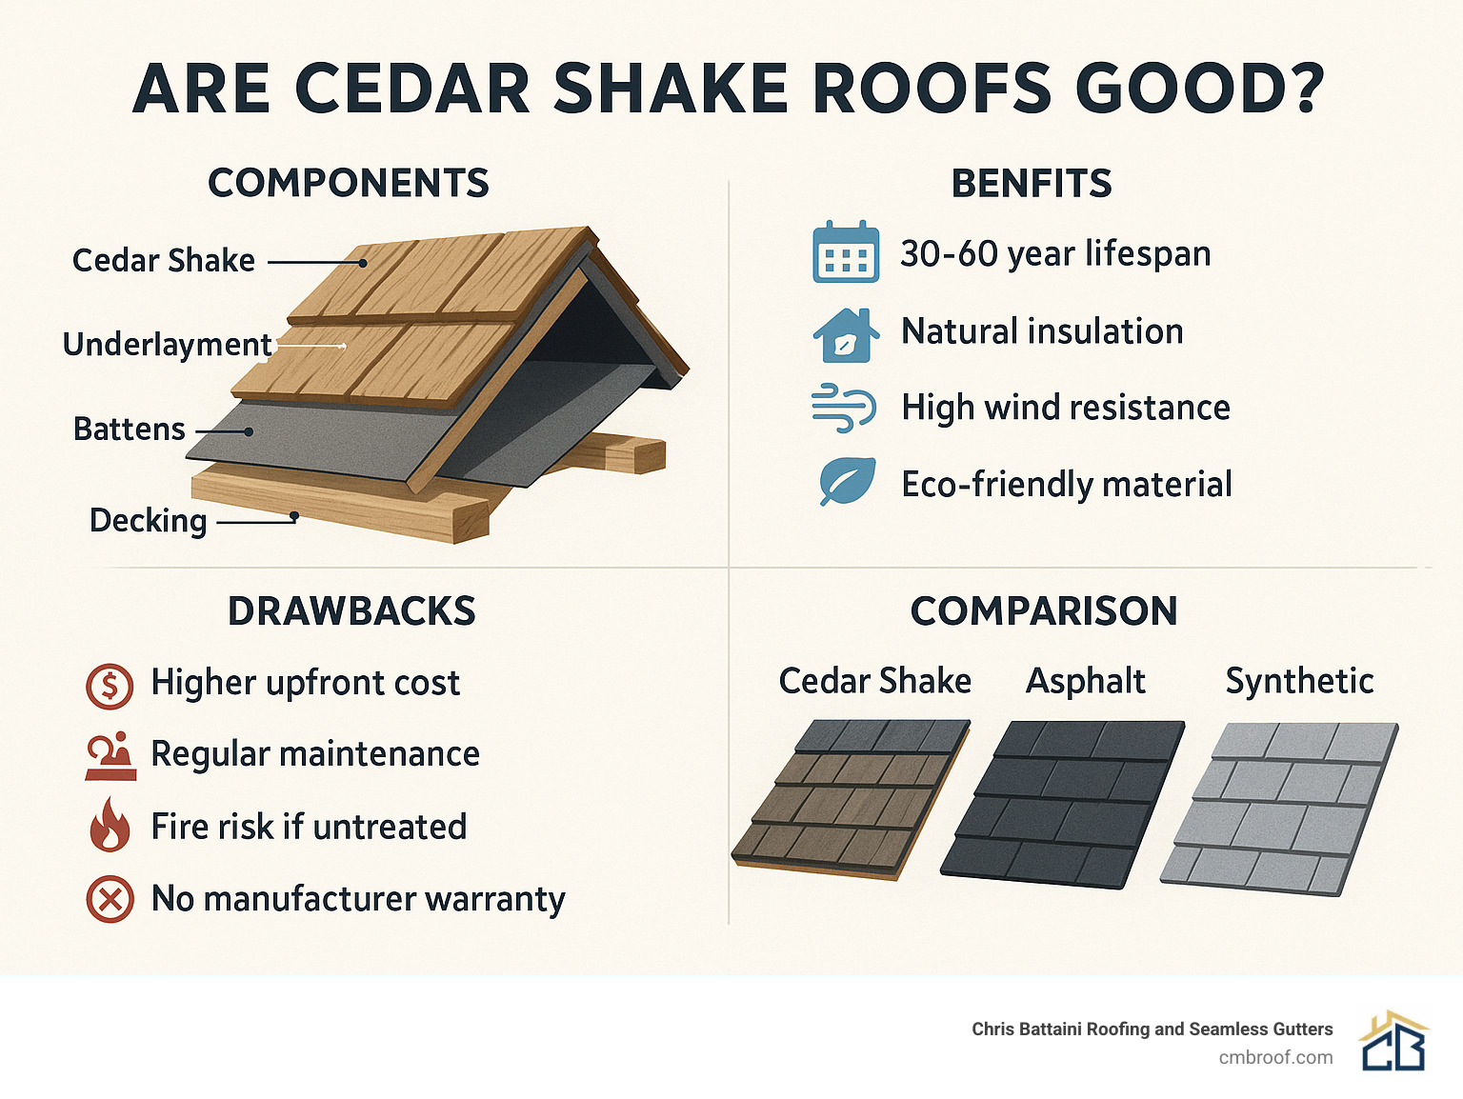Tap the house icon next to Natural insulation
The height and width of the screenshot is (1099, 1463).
[845, 335]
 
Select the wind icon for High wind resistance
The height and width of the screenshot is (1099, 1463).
[843, 409]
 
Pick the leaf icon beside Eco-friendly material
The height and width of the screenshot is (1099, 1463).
[847, 482]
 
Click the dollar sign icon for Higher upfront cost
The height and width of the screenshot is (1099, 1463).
[110, 685]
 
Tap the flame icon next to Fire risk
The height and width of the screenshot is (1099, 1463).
[110, 824]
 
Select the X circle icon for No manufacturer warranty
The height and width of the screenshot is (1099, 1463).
[110, 899]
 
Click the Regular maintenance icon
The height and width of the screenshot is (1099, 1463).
[110, 756]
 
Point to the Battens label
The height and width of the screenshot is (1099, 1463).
[129, 430]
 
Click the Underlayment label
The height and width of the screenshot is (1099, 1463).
[167, 345]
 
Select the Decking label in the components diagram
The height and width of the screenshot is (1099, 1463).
[148, 521]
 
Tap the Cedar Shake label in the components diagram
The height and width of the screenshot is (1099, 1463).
[163, 261]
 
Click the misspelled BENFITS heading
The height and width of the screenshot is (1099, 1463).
[1032, 184]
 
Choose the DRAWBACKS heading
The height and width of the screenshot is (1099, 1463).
[351, 611]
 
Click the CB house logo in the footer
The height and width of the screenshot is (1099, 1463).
[1393, 1043]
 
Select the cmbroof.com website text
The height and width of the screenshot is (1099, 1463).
[1275, 1058]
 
